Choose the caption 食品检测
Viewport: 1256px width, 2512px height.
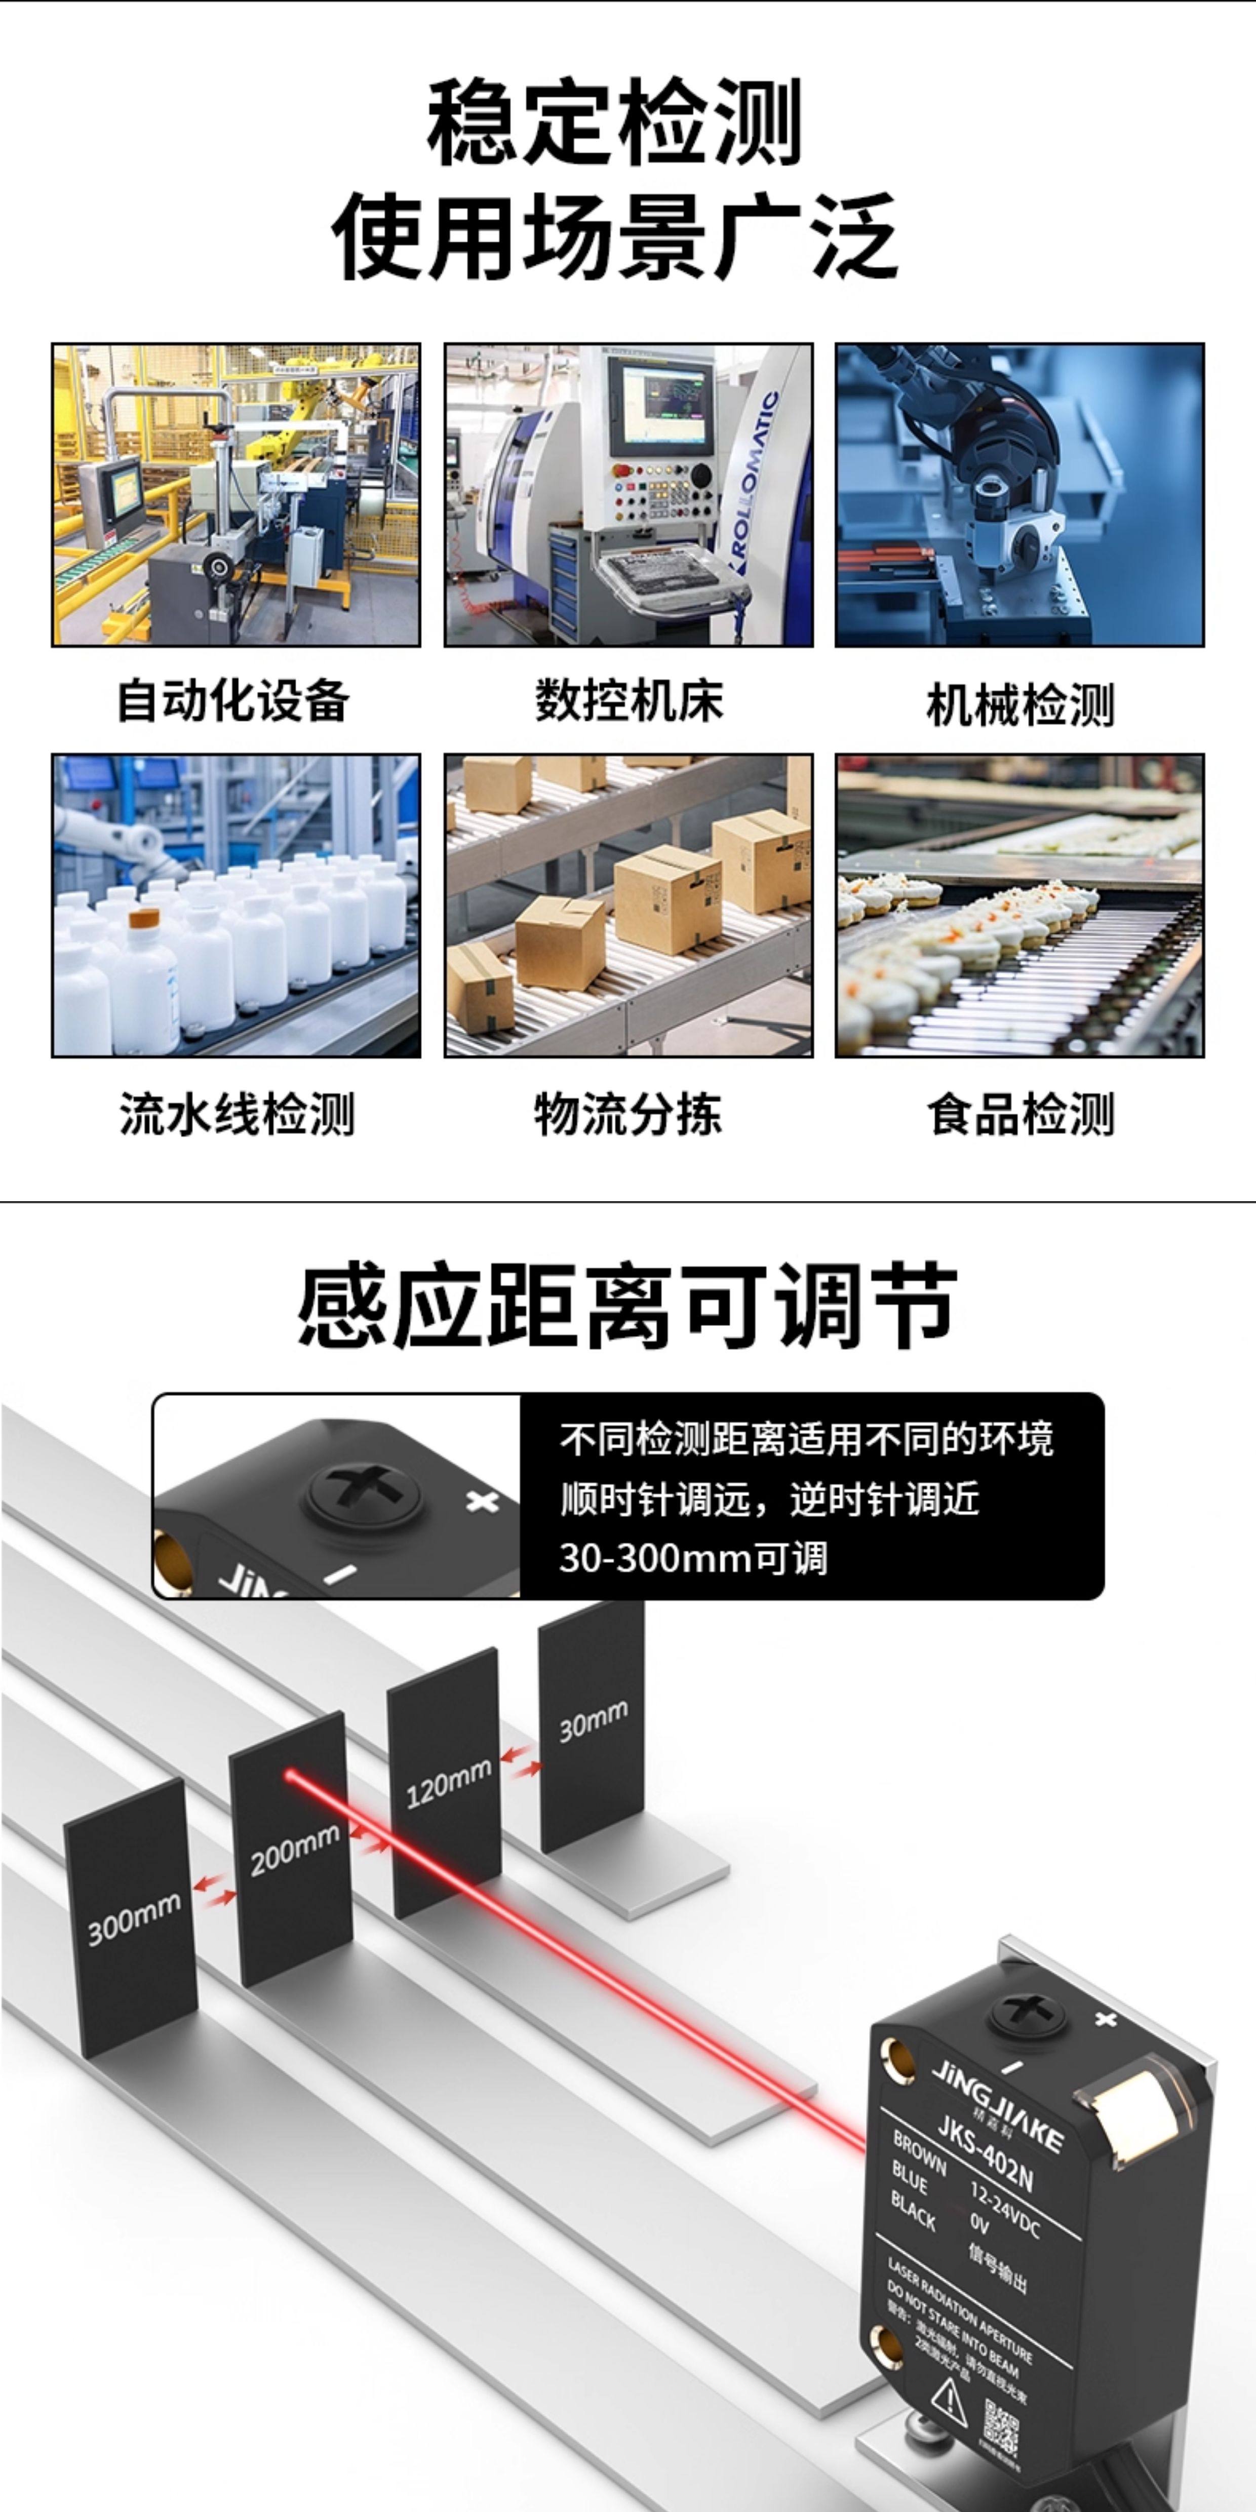click(1020, 1114)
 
